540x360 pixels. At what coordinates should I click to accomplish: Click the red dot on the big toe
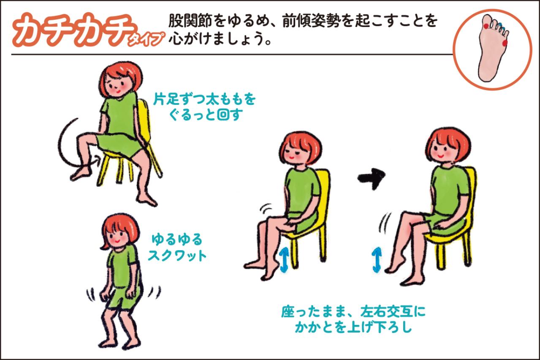(486, 27)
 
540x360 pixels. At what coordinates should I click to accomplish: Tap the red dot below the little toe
(505, 43)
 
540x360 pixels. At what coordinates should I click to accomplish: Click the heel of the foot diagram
(486, 76)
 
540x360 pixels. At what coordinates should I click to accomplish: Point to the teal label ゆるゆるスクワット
(177, 248)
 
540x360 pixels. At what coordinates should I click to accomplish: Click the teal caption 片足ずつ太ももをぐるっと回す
(205, 107)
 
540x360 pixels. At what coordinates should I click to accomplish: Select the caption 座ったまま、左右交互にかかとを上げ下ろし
(353, 320)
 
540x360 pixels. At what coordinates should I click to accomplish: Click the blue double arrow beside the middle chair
(284, 260)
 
